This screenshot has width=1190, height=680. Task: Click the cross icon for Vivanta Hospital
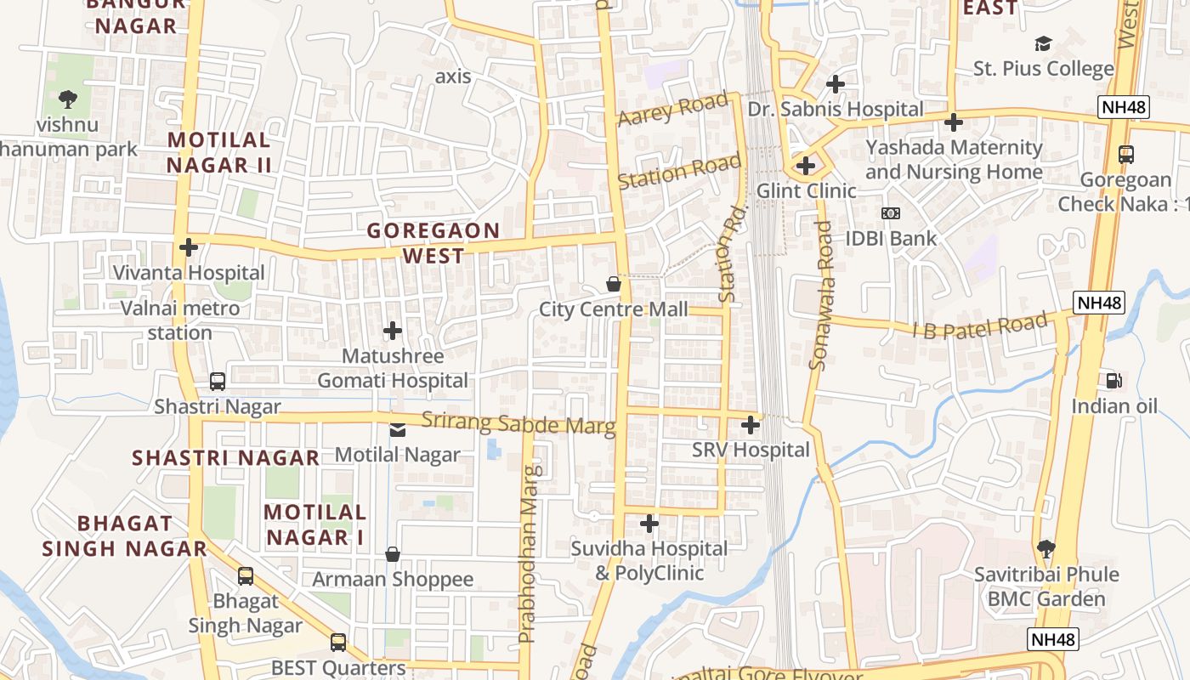coord(189,247)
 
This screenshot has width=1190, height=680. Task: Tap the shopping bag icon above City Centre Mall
coord(613,284)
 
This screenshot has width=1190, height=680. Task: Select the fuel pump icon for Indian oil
coord(1113,381)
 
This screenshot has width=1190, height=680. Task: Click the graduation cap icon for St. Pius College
coord(1043,43)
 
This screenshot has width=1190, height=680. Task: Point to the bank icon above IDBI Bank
coord(890,213)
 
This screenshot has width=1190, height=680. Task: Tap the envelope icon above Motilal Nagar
coord(397,429)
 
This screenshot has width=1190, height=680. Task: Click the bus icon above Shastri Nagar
coord(218,382)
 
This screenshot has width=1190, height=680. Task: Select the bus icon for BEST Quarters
coord(338,642)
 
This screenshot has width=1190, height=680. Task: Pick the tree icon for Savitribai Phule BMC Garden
coord(1045,549)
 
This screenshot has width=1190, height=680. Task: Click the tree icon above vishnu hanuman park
coord(67,99)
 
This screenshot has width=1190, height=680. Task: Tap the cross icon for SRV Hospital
coord(751,424)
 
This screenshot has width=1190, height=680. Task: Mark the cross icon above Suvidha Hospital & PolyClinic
coord(649,524)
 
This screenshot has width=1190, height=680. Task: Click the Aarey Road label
coord(673,110)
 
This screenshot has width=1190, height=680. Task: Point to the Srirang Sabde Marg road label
coord(518,422)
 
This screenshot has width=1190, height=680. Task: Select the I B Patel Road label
coord(980,326)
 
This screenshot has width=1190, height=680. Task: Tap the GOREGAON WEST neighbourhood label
coord(433,243)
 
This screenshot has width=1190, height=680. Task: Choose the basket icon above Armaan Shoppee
coord(393,554)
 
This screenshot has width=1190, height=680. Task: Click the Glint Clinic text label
coord(806,190)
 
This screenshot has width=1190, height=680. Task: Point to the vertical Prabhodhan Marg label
coord(529,552)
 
